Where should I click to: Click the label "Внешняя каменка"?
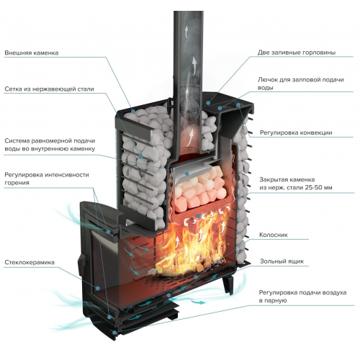pyautogui.click(x=32, y=53)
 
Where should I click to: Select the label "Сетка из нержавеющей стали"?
pyautogui.click(x=49, y=89)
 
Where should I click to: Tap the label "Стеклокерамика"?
pyautogui.click(x=30, y=262)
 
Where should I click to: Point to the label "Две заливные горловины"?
pyautogui.click(x=297, y=53)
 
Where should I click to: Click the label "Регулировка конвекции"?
pyautogui.click(x=296, y=132)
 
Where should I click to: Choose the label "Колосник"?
pyautogui.click(x=274, y=235)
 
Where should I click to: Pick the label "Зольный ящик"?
pyautogui.click(x=282, y=261)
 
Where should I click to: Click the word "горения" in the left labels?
pyautogui.click(x=17, y=183)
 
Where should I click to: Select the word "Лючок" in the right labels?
pyautogui.click(x=267, y=80)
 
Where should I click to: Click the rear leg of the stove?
pyautogui.click(x=228, y=285)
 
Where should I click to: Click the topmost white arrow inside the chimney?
pyautogui.click(x=186, y=31)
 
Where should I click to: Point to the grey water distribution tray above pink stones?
pyautogui.click(x=189, y=171)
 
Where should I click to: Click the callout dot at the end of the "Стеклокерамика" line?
pyautogui.click(x=98, y=287)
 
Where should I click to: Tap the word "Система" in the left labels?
pyautogui.click(x=17, y=140)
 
